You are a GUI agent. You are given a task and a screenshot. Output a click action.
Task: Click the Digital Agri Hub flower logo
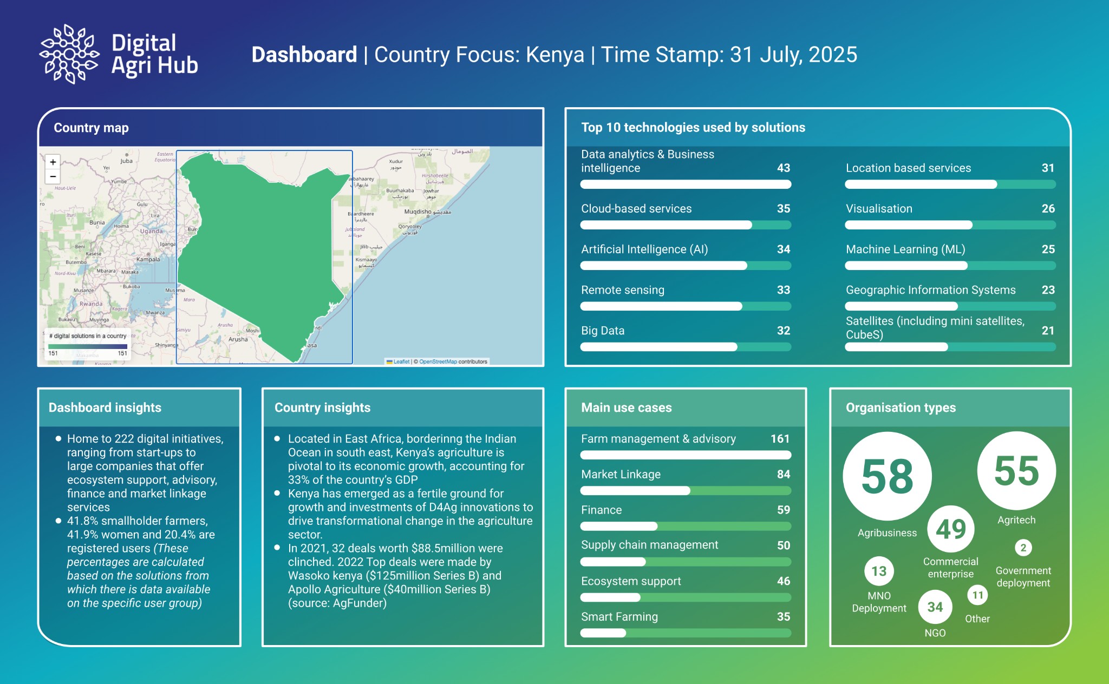(x=69, y=54)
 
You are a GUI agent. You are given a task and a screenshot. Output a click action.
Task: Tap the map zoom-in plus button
(x=53, y=162)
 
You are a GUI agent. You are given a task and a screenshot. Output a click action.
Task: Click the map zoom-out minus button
(x=53, y=176)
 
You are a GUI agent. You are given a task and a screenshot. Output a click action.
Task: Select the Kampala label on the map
(x=148, y=259)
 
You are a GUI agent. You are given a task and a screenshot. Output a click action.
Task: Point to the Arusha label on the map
(x=238, y=339)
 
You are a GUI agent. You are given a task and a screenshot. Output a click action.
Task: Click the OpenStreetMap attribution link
(x=438, y=361)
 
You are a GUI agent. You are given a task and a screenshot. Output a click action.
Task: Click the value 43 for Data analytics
(x=783, y=168)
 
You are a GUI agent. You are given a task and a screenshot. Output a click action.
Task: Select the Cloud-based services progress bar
(x=685, y=225)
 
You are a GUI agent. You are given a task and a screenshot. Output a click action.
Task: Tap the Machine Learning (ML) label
(x=905, y=249)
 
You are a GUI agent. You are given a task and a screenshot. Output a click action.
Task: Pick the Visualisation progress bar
(x=950, y=225)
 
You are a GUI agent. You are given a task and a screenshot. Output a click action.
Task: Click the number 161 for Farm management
(x=780, y=439)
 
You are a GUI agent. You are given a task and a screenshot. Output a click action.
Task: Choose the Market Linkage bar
(x=685, y=491)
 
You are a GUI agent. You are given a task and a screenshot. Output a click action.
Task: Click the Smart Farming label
(x=619, y=617)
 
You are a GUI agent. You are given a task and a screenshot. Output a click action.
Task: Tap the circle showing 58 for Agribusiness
(x=887, y=476)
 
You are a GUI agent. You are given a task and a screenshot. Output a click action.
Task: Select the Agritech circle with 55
(x=1016, y=471)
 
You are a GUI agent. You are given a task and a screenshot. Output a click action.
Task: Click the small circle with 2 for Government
(x=1023, y=548)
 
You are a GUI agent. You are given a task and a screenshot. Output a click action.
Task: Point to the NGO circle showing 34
(x=935, y=607)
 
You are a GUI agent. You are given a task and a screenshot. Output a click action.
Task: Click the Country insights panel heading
(x=322, y=407)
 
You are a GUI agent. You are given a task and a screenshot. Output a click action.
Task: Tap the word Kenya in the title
(x=554, y=55)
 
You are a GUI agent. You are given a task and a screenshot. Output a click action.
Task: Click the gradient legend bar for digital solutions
(x=88, y=346)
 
